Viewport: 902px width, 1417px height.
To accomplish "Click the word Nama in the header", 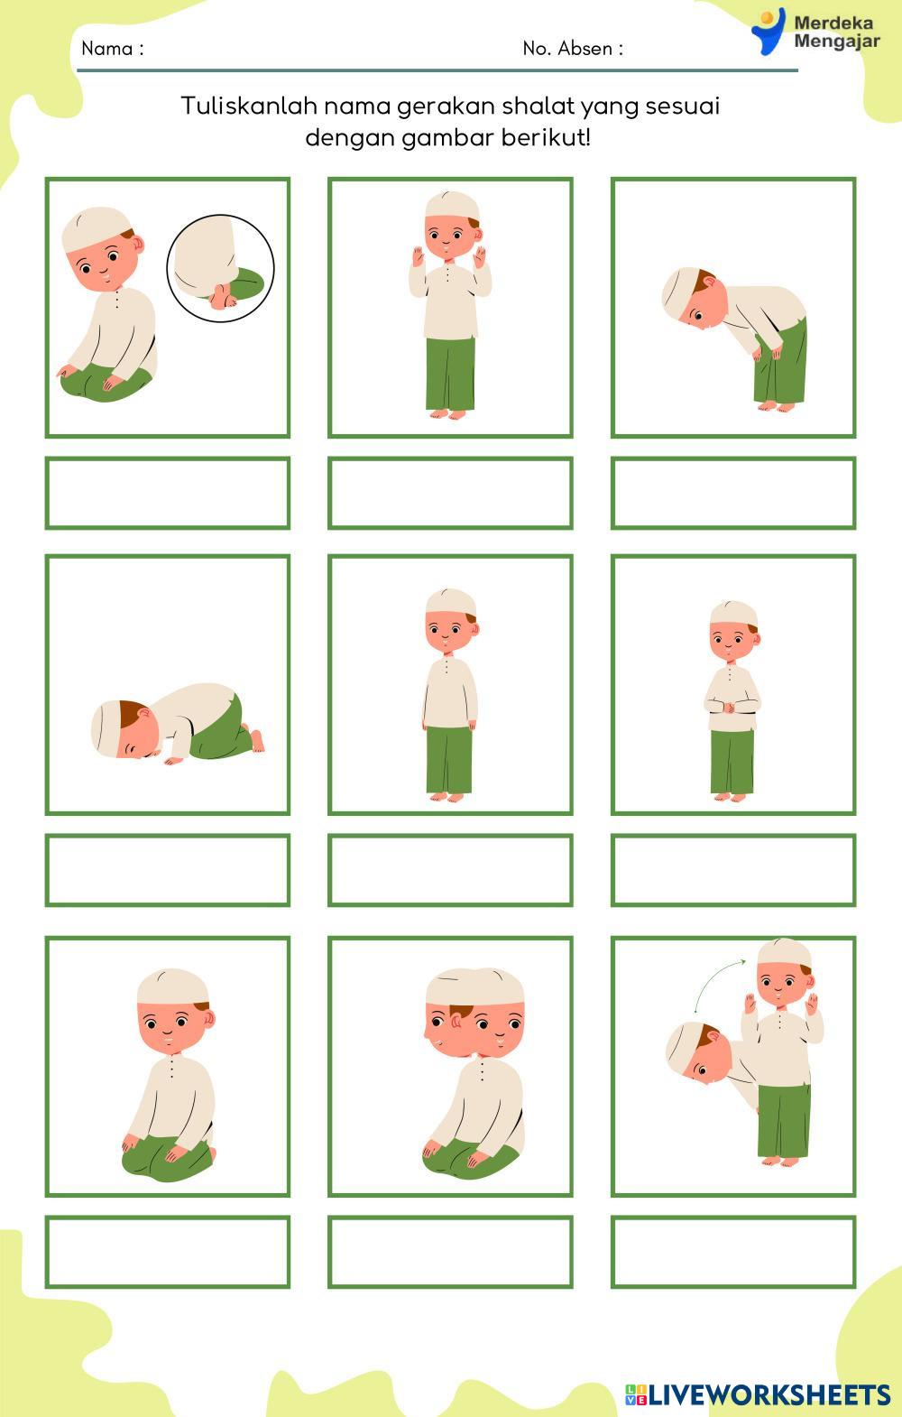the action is point(107,48).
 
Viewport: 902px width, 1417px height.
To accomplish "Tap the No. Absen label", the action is point(567,48).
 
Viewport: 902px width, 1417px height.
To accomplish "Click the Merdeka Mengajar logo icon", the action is point(769,31).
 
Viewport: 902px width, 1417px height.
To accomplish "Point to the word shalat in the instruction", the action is point(538,106).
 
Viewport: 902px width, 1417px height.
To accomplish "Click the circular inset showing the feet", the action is point(221,268).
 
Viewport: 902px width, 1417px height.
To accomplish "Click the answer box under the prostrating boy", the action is point(168,870).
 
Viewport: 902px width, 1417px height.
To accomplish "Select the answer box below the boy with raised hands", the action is point(450,492).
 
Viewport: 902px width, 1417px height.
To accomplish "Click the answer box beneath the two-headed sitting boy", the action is point(450,1251).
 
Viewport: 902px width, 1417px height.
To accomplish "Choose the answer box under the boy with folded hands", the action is point(733,870).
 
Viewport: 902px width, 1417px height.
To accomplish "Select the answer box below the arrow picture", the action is point(733,1251).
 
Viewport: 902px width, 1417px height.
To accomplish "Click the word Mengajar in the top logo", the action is point(837,42).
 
